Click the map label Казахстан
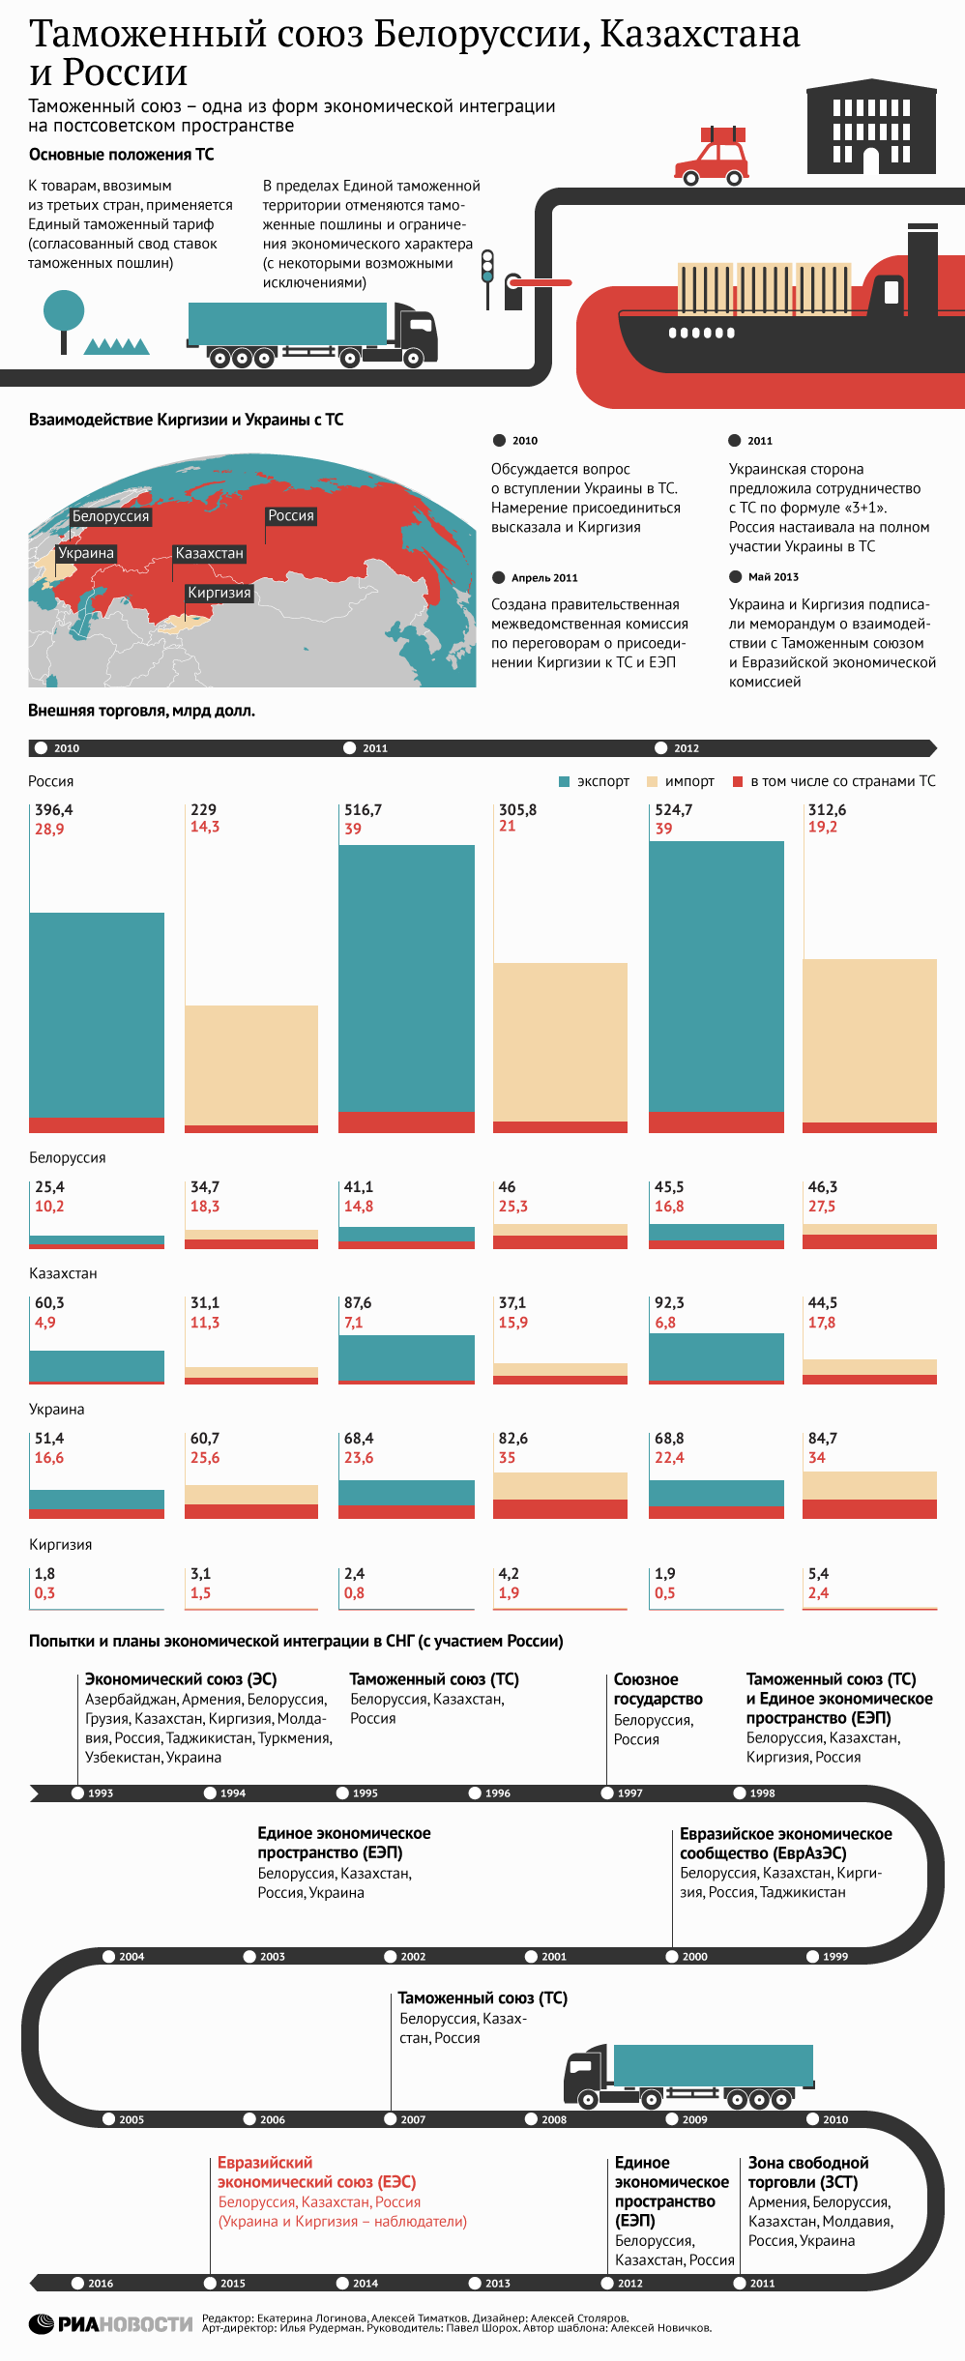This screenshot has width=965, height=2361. point(209,553)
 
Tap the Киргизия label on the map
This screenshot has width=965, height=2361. point(219,593)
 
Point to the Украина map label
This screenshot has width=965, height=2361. point(86,553)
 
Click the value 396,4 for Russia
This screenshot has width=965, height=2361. point(54,810)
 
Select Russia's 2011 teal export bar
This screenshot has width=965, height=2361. point(406,978)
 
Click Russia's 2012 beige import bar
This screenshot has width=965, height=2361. point(869,1041)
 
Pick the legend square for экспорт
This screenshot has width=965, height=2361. point(565,781)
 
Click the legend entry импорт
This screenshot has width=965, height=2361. point(681,781)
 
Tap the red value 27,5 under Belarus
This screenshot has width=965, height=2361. point(822,1207)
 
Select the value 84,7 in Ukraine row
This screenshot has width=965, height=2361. point(823,1439)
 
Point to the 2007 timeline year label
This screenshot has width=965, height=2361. point(413,2119)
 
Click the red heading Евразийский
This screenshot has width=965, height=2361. point(265,2162)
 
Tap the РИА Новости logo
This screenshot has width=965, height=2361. point(110,2323)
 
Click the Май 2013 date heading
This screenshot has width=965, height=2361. point(774,577)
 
